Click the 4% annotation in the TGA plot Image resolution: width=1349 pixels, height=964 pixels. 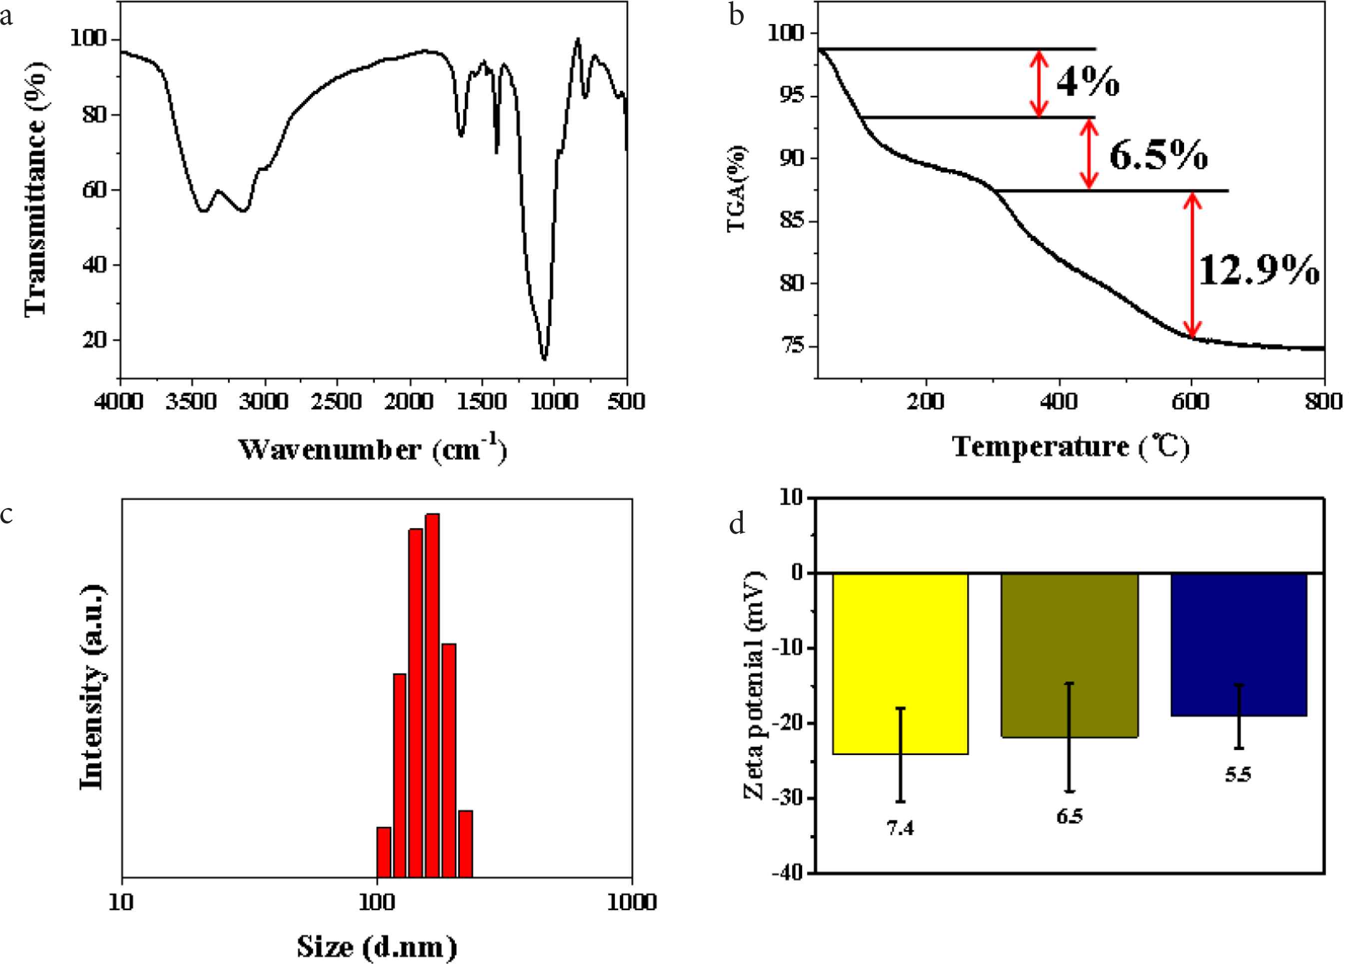(1088, 82)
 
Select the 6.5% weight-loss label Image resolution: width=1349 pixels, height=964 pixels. (1158, 155)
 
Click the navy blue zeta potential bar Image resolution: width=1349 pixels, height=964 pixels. (1238, 643)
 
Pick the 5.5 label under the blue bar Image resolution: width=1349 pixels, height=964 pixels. (1238, 774)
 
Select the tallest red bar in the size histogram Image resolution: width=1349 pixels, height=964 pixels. (432, 694)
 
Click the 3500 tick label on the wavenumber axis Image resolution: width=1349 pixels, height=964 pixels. (190, 402)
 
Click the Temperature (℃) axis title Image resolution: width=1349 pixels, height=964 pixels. (1071, 446)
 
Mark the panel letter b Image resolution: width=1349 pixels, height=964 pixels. (736, 14)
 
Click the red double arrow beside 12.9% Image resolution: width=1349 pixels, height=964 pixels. (1193, 264)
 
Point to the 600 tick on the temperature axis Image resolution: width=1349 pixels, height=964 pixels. (1191, 402)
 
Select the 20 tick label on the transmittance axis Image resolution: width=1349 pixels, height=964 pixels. (94, 340)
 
